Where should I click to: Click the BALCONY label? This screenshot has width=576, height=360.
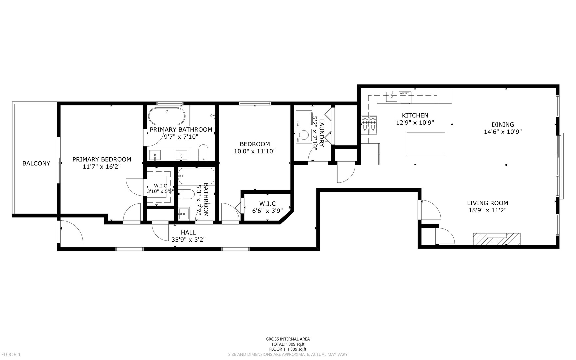(x=36, y=163)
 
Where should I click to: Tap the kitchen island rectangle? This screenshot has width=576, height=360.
(x=426, y=144)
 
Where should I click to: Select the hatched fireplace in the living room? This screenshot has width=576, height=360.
(x=496, y=239)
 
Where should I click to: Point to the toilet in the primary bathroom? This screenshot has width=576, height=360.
(x=203, y=153)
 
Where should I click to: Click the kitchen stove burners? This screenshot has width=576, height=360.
(x=369, y=125)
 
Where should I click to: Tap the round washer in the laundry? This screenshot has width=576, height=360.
(x=304, y=135)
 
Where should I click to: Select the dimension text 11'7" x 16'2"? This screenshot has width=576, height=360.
(x=102, y=166)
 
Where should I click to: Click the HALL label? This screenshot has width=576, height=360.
(x=188, y=232)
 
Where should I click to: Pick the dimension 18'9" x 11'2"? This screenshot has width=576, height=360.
(x=487, y=210)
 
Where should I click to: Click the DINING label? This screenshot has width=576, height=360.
(x=503, y=125)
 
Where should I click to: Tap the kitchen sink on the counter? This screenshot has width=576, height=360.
(x=392, y=96)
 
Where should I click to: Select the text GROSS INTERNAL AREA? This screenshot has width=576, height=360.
(x=288, y=339)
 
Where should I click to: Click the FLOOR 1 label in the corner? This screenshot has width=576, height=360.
(x=11, y=354)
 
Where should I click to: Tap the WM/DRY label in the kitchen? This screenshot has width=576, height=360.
(x=404, y=93)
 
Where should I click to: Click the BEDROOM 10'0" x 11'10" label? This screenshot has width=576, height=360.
(x=255, y=148)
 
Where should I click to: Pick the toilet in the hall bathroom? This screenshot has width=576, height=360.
(x=186, y=194)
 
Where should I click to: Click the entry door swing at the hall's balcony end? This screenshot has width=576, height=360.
(x=71, y=232)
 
